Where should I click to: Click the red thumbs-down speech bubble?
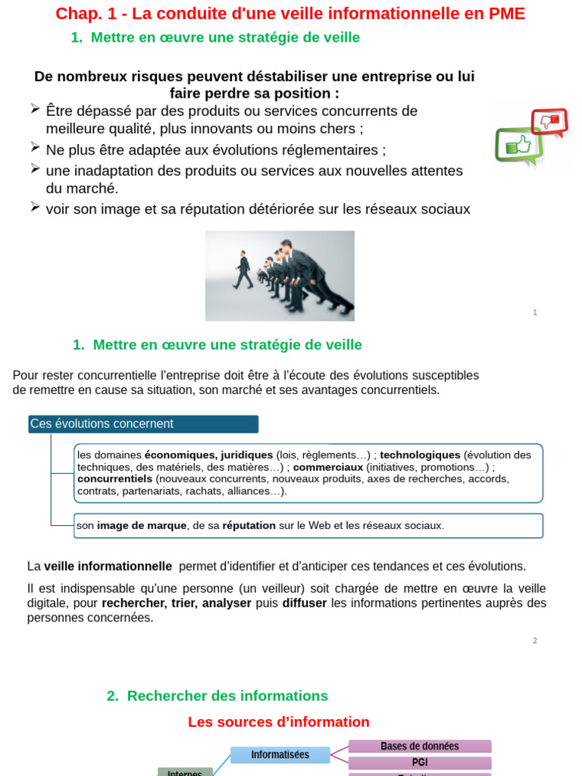pos(549,121)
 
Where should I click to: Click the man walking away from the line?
pos(243,271)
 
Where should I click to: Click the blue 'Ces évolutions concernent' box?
pos(143,424)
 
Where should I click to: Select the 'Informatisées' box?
pos(280,755)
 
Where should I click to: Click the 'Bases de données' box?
pos(419,746)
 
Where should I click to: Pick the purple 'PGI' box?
pos(419,762)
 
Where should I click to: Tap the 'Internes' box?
pos(184,772)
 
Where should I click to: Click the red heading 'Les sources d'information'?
pos(278,722)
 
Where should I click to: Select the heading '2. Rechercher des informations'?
pos(217,696)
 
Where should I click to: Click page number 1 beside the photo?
pos(535,312)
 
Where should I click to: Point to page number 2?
pos(535,640)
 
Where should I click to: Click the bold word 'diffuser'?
pos(305,603)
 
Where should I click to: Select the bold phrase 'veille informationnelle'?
pos(108,566)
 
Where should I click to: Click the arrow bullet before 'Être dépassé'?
pos(36,110)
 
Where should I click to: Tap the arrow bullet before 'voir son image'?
pos(36,207)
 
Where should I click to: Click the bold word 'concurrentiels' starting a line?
pos(114,479)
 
